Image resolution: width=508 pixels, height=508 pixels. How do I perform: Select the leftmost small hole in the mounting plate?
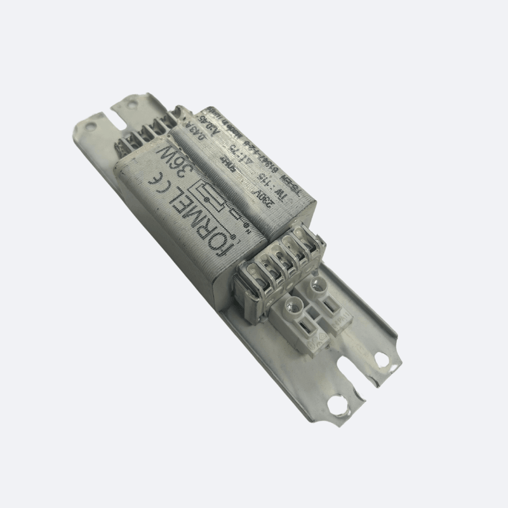pyautogui.click(x=90, y=126)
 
